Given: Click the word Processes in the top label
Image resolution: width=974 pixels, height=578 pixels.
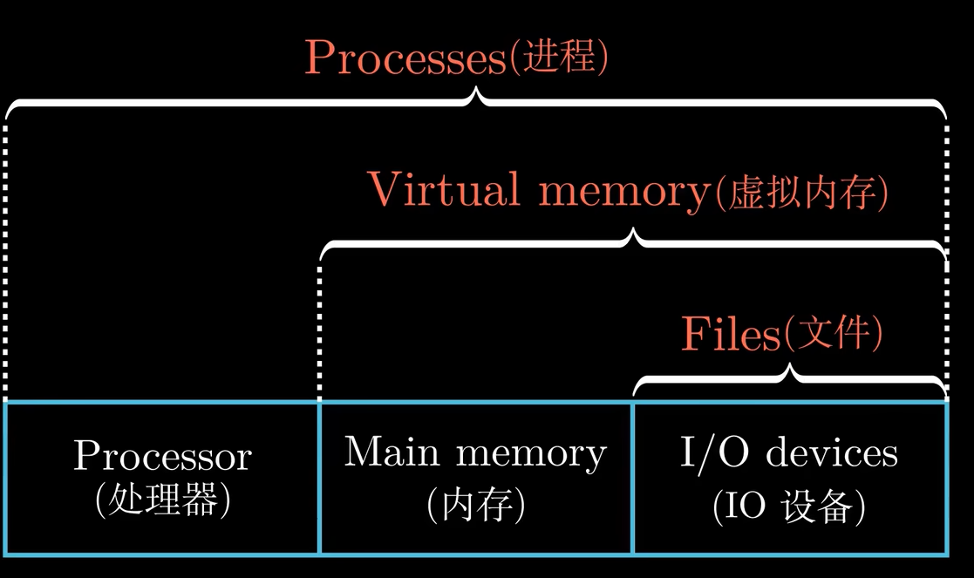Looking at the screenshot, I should pyautogui.click(x=405, y=58).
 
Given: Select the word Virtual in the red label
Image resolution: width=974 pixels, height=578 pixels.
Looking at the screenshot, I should pyautogui.click(x=444, y=188).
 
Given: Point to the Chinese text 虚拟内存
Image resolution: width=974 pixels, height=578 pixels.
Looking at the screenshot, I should pyautogui.click(x=800, y=192).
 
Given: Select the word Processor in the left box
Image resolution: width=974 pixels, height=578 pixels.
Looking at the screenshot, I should pyautogui.click(x=162, y=455).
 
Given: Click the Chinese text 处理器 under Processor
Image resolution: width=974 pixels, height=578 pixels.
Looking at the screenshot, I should pyautogui.click(x=162, y=501).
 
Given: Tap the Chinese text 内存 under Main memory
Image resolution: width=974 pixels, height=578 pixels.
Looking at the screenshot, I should pyautogui.click(x=475, y=505).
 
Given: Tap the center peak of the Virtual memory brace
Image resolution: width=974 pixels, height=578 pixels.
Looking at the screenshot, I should pyautogui.click(x=636, y=233).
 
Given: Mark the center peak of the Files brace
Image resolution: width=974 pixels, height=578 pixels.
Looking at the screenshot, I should pyautogui.click(x=791, y=370).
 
